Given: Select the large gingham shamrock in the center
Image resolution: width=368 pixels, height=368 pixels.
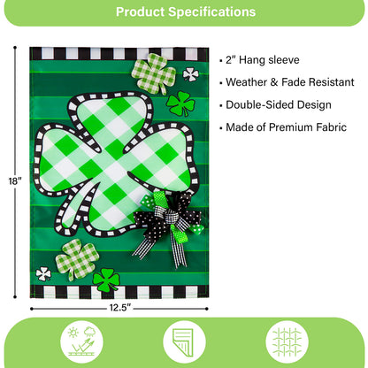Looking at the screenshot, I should point(111,154).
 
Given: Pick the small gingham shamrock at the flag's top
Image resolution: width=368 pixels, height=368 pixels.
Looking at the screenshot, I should point(153,73).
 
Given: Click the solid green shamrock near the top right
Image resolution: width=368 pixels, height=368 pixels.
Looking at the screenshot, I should point(180,103).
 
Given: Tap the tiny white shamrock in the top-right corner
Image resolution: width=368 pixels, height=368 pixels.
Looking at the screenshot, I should point(190,74).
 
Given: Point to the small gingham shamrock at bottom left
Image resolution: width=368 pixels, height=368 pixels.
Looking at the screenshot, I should point(77,258).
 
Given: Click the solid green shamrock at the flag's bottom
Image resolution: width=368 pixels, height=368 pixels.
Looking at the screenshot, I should point(106,280).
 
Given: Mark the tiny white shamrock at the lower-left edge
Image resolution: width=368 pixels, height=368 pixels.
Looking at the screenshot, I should point(43,273).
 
